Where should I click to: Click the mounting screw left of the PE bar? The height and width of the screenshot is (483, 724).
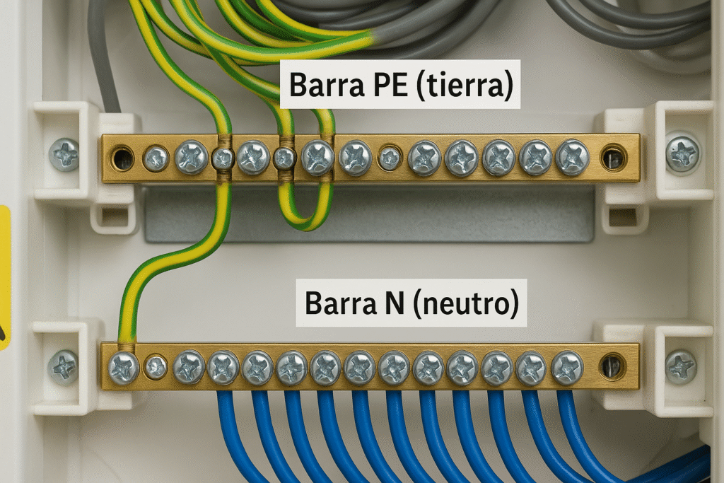64,154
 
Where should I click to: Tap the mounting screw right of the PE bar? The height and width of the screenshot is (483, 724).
682,154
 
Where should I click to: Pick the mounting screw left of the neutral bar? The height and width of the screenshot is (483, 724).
63,368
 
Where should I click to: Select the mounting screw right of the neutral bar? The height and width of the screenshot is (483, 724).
681,368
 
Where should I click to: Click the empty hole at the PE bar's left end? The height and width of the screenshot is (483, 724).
122,158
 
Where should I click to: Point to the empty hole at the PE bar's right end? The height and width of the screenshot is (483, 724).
613,158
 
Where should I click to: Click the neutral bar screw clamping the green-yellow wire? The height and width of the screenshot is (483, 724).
124,368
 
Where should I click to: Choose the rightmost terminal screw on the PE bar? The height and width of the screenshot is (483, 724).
572,158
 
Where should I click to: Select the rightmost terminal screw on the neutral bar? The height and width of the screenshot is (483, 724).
567,368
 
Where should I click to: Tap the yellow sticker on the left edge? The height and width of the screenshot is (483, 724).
4,276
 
